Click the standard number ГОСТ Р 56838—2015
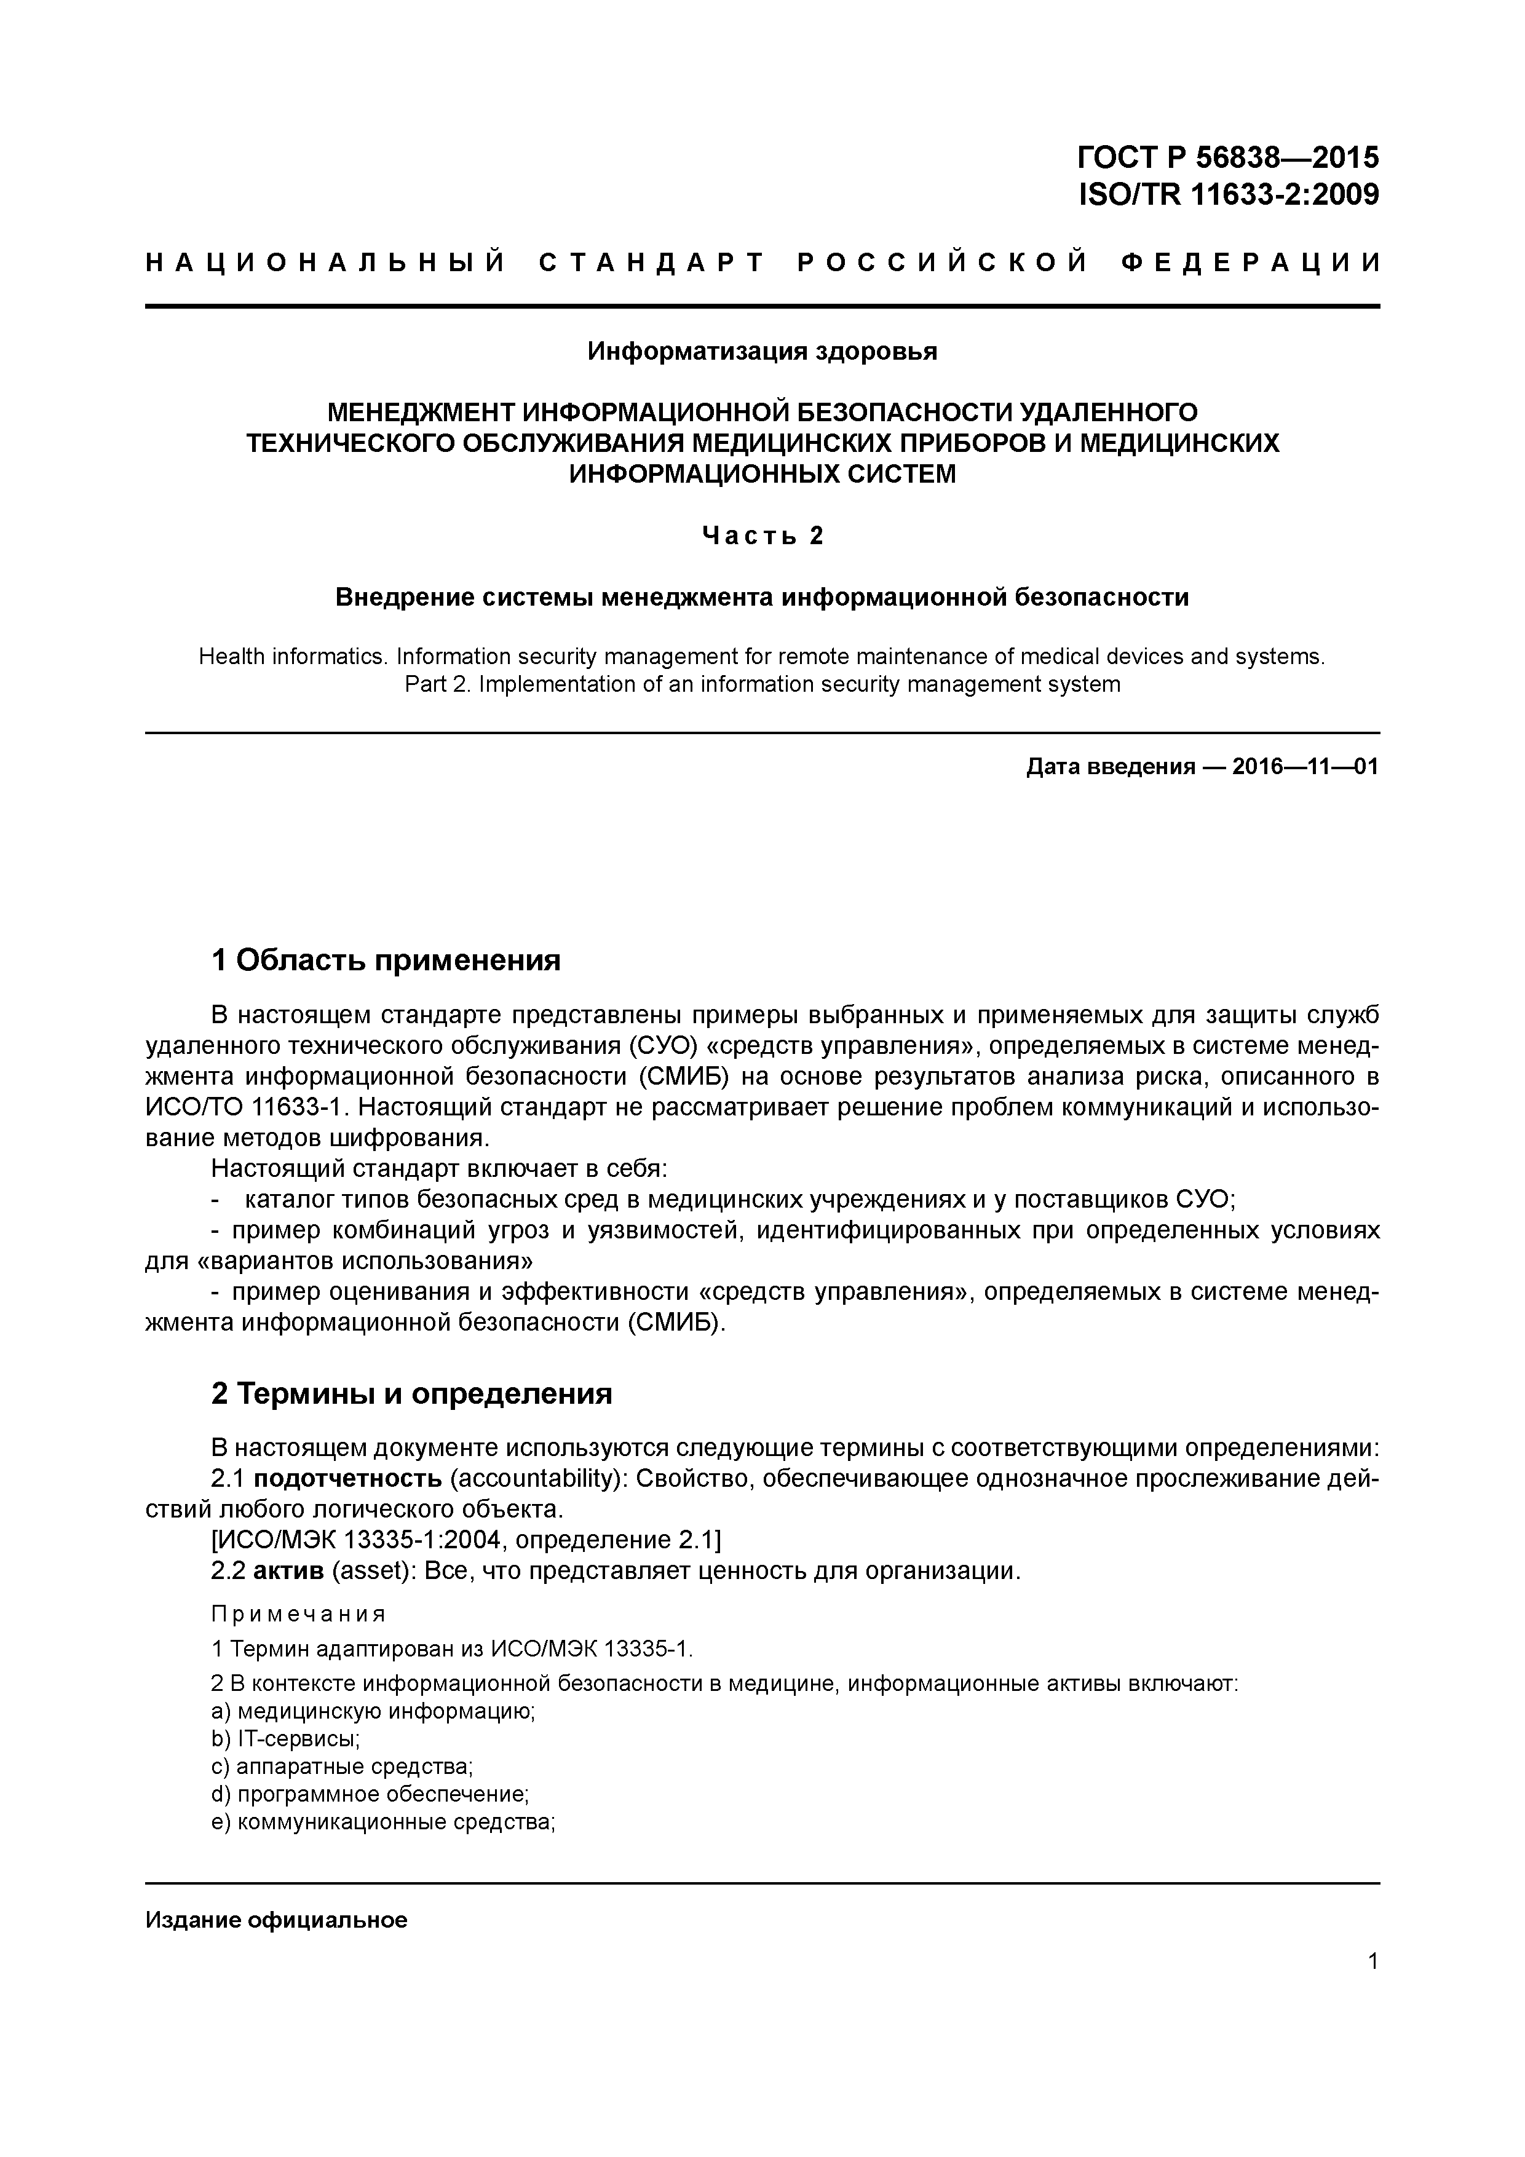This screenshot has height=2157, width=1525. [x=1228, y=156]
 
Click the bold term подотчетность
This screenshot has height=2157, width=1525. [x=347, y=1479]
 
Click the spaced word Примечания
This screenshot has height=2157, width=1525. [x=298, y=1614]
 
